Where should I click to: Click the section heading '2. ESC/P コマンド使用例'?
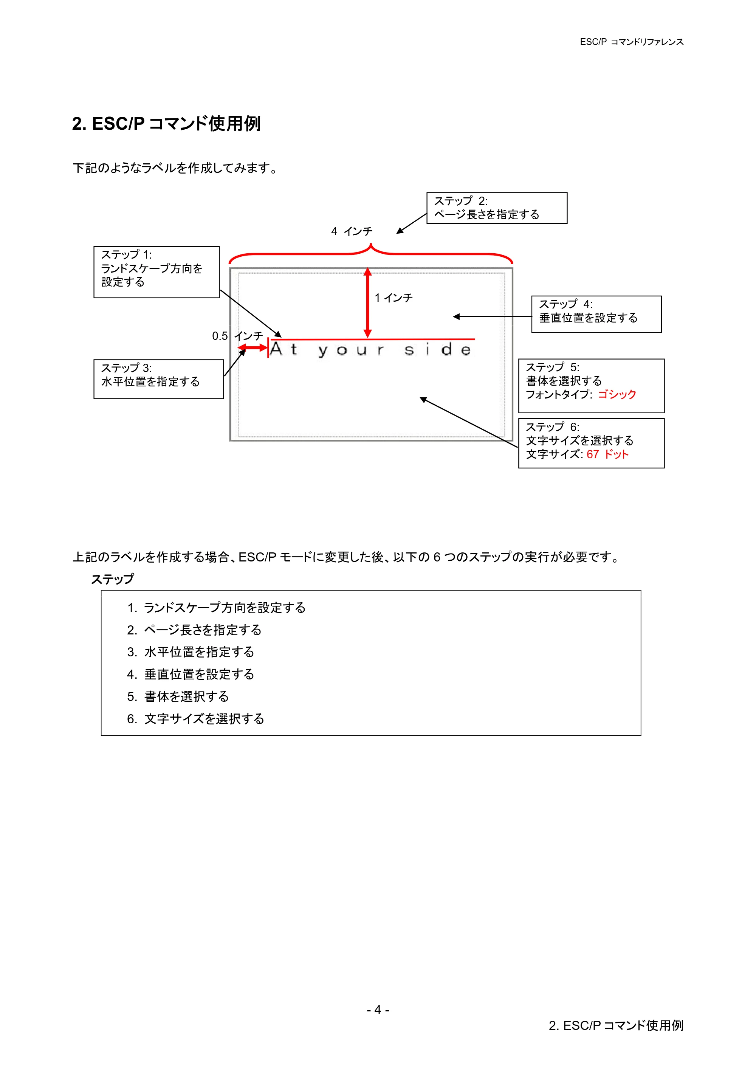click(x=166, y=124)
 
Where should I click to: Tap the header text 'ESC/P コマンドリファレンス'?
click(x=632, y=42)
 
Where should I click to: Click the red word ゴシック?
click(x=617, y=394)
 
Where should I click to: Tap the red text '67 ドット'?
click(x=607, y=454)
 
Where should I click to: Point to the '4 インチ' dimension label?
click(x=352, y=231)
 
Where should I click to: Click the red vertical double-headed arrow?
click(x=367, y=302)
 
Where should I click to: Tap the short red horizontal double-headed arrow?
click(x=253, y=348)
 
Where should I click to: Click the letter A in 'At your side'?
click(x=276, y=349)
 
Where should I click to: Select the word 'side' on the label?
click(x=438, y=349)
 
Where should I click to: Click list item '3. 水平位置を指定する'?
click(x=191, y=652)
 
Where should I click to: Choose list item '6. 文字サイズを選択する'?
click(x=196, y=719)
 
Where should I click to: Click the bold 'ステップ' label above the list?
click(x=112, y=579)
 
